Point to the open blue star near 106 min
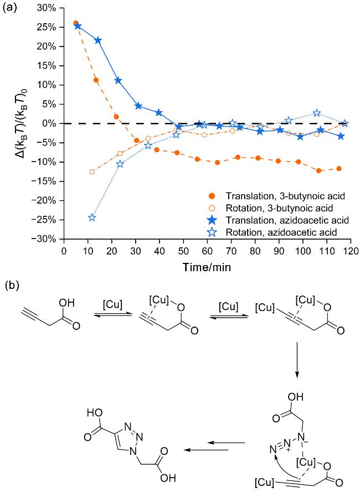pos(317,113)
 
